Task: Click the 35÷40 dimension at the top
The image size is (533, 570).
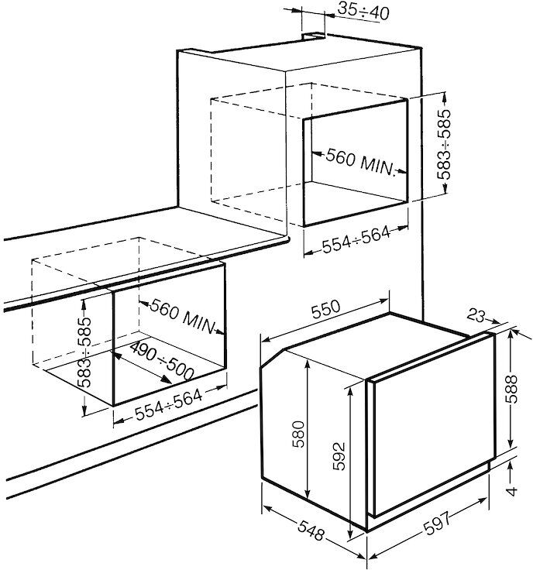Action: (363, 12)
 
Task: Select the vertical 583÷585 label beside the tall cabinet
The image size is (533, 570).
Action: (444, 144)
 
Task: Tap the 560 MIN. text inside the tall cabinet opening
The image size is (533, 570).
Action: (360, 162)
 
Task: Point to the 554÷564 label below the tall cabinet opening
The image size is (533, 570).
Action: (356, 240)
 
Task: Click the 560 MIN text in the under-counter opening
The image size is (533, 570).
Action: (183, 316)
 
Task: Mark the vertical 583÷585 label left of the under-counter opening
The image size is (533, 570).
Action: (84, 352)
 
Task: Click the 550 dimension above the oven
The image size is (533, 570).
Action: (325, 309)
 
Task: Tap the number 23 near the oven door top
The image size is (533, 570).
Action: (476, 315)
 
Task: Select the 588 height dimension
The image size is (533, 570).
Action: (511, 389)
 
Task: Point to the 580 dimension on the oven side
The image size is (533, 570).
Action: (299, 434)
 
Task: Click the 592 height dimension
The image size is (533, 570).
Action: (339, 456)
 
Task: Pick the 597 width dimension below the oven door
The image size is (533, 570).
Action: (438, 523)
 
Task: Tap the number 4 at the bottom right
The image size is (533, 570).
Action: (512, 491)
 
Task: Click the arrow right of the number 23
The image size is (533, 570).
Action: (493, 321)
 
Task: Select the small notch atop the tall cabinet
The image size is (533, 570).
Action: (314, 36)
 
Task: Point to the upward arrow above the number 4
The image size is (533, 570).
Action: (511, 472)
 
